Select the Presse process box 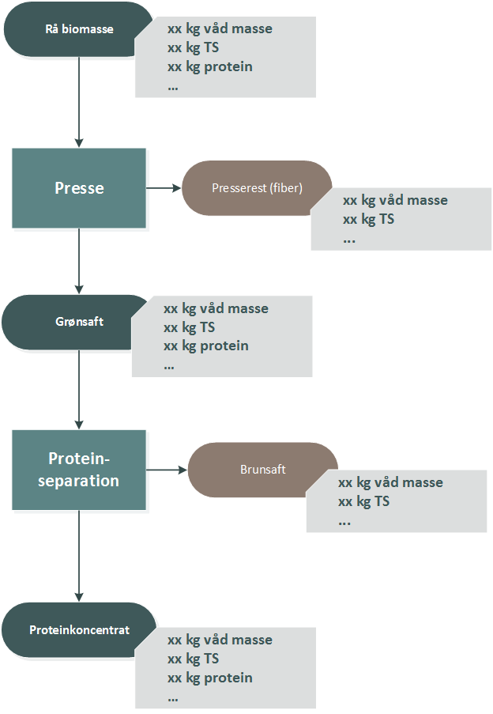[x=79, y=188]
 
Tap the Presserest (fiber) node [x=257, y=188]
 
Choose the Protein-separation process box [x=79, y=470]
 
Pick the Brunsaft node [x=262, y=470]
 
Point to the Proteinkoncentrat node [x=79, y=630]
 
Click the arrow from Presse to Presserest [x=164, y=188]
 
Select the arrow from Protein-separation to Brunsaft [x=167, y=470]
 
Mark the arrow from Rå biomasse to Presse [x=79, y=102]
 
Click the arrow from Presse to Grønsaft [x=79, y=261]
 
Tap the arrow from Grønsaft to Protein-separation [x=79, y=389]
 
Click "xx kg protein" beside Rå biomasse [x=210, y=66]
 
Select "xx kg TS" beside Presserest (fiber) [x=368, y=219]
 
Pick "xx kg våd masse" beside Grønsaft [x=216, y=308]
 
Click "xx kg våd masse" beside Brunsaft [x=390, y=482]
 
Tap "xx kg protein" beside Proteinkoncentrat [x=210, y=678]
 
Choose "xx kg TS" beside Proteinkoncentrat [x=193, y=659]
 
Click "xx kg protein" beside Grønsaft [x=206, y=346]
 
